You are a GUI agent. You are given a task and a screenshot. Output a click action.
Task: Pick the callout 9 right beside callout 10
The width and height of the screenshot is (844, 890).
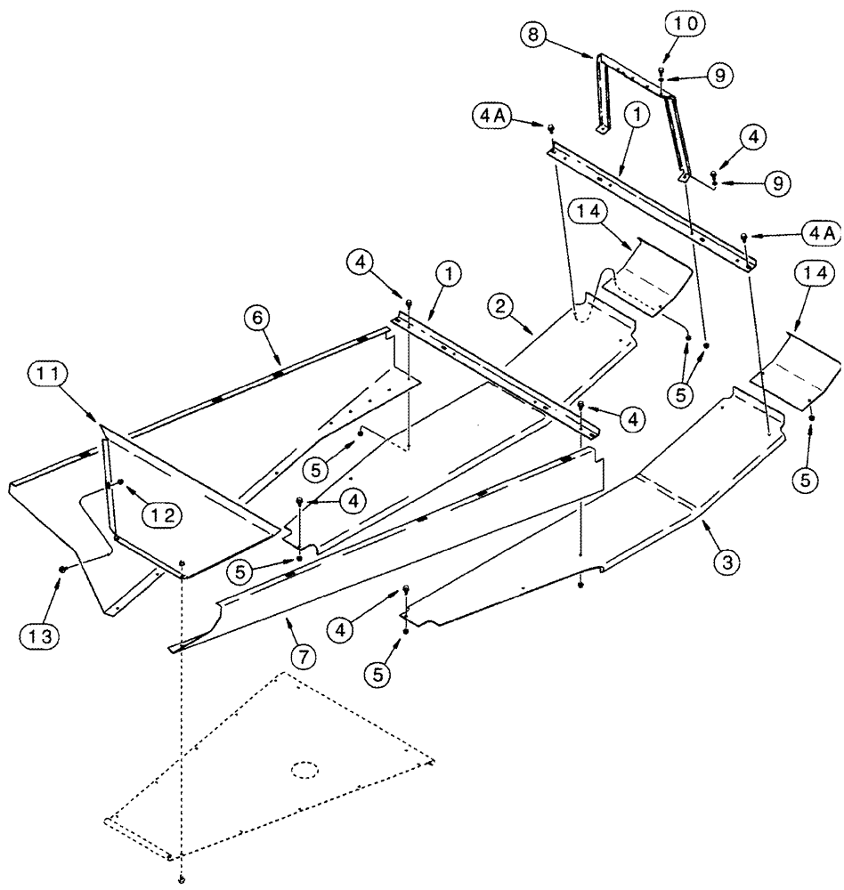pos(721,77)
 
